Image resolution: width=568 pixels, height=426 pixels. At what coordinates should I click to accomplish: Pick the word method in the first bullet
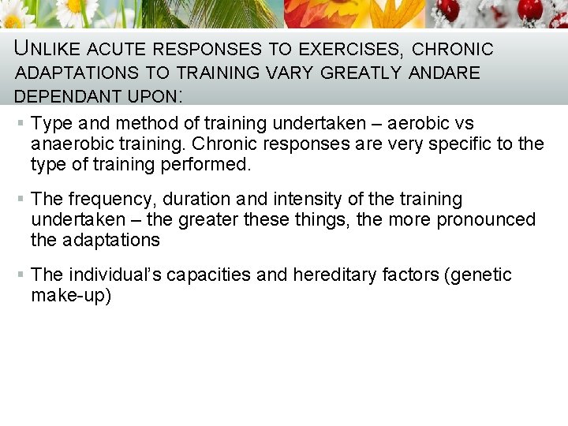pos(136,124)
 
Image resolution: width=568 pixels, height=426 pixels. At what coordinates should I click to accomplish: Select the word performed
pos(208,165)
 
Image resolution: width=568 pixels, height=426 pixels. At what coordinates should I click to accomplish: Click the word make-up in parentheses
pos(68,296)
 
